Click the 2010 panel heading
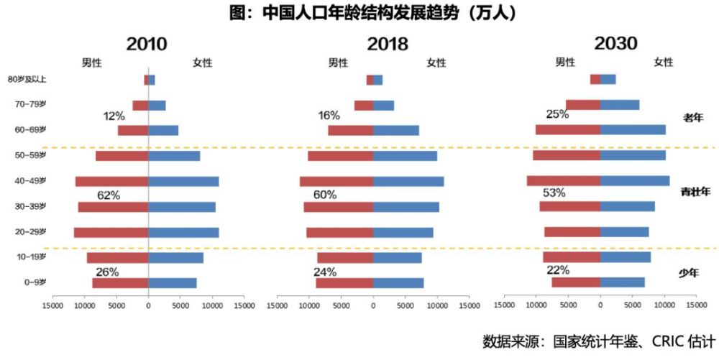click(x=147, y=44)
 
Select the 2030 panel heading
click(x=615, y=43)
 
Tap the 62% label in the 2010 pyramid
click(x=109, y=195)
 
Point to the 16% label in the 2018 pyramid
click(x=329, y=116)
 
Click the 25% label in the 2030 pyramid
click(x=557, y=114)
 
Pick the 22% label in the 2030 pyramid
click(x=558, y=270)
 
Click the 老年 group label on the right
click(x=692, y=116)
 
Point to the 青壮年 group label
click(x=695, y=192)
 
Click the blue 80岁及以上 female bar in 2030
click(x=608, y=79)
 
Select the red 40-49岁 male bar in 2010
click(x=111, y=182)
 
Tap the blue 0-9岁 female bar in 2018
click(x=398, y=283)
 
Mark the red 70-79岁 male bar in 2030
click(x=583, y=105)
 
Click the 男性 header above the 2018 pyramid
click(x=339, y=63)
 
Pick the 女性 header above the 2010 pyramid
click(x=202, y=63)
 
